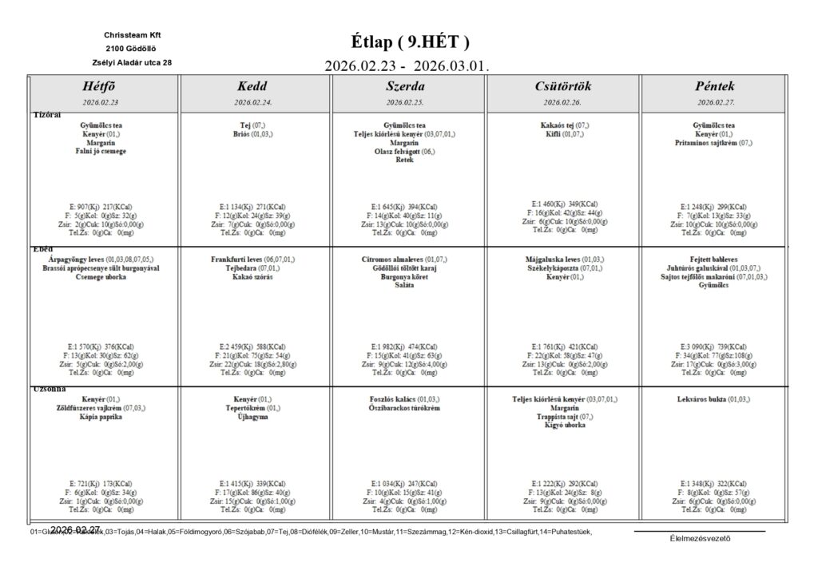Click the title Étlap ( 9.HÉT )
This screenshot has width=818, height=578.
click(x=410, y=42)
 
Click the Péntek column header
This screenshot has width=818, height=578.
click(x=715, y=86)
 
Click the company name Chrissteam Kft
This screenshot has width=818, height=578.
click(x=132, y=35)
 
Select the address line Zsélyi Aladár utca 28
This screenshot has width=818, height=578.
click(x=132, y=61)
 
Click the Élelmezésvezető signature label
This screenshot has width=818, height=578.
click(x=700, y=537)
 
